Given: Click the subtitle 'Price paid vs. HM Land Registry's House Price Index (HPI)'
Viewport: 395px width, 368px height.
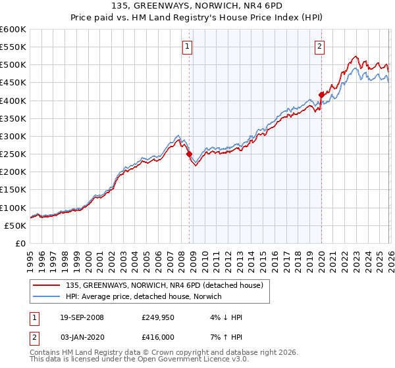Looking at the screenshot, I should [x=197, y=18].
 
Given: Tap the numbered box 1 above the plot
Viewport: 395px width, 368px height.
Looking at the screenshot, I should [x=188, y=46].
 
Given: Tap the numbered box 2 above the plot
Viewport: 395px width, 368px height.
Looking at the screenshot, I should [x=319, y=46].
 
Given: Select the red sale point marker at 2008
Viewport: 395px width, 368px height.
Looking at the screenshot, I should [x=190, y=154].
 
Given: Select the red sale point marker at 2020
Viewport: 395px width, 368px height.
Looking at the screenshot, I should [x=321, y=95].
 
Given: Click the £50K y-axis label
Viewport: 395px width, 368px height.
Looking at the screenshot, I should [x=15, y=225].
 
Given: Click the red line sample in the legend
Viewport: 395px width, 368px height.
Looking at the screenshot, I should [x=47, y=285].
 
